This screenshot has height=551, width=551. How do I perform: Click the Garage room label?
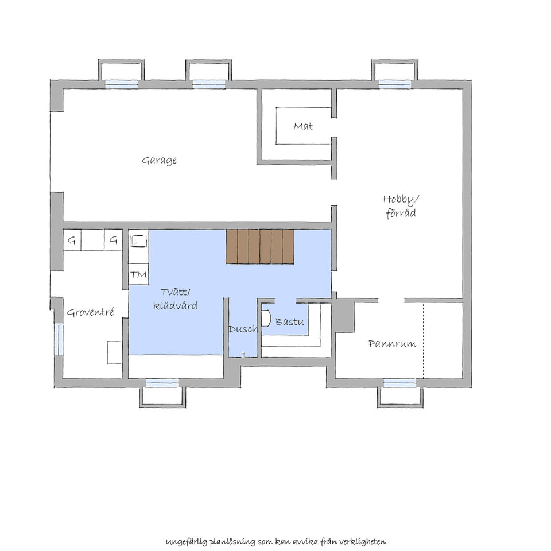[159, 161]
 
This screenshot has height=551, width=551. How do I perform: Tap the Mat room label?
[303, 126]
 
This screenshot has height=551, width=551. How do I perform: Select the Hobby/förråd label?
[401, 206]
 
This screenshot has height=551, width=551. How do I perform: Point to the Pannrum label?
[392, 343]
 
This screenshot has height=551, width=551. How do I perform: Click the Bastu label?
[289, 321]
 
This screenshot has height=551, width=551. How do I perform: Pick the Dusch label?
[243, 329]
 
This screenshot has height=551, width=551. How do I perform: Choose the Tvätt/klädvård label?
[176, 299]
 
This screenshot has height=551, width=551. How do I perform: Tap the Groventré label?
[90, 312]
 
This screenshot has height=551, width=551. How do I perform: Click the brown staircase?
[259, 247]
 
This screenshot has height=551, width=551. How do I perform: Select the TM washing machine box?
[138, 275]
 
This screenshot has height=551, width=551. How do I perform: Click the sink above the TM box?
[138, 240]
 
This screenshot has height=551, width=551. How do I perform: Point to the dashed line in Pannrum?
[424, 340]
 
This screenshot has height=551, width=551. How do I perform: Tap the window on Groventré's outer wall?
[59, 339]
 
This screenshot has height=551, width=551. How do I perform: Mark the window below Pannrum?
[400, 383]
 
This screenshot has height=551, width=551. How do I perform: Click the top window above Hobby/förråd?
[394, 84]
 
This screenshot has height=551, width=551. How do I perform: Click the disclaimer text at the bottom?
[275, 541]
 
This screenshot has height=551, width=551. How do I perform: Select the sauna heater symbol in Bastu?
[266, 319]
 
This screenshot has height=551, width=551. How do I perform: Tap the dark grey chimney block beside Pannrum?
[343, 316]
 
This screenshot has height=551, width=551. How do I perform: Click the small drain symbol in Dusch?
[243, 354]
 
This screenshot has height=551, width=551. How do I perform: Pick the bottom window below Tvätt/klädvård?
[162, 383]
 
